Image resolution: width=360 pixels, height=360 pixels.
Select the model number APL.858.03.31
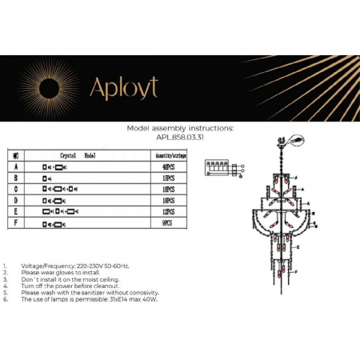tap(180, 135)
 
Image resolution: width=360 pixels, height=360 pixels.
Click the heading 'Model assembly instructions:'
tap(180, 128)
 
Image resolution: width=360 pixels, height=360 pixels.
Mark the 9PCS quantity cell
tap(168, 226)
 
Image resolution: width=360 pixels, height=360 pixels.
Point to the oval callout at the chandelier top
tap(298, 140)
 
